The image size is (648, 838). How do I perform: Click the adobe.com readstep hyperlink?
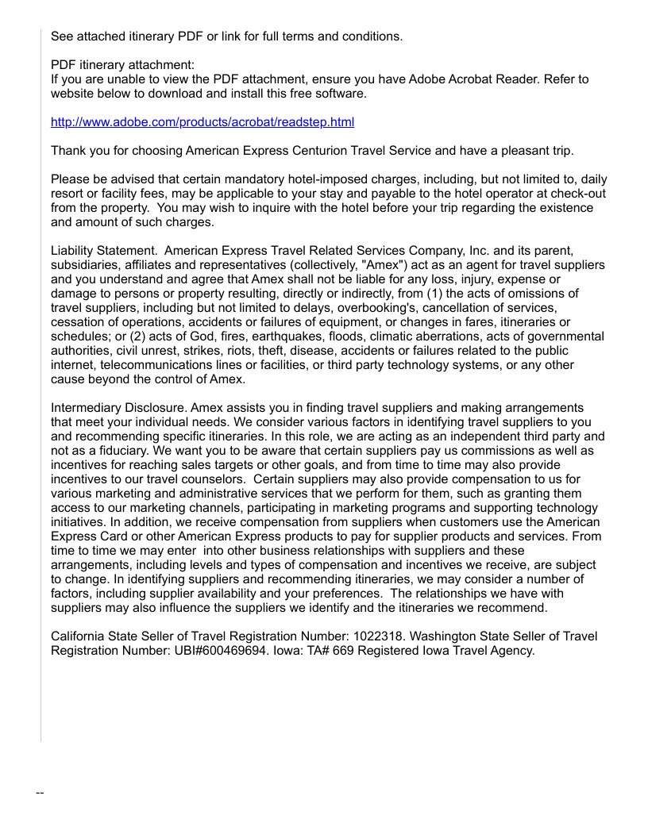(202, 122)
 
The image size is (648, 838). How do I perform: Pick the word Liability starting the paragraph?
(73, 251)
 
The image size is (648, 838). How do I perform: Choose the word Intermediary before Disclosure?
(85, 408)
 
